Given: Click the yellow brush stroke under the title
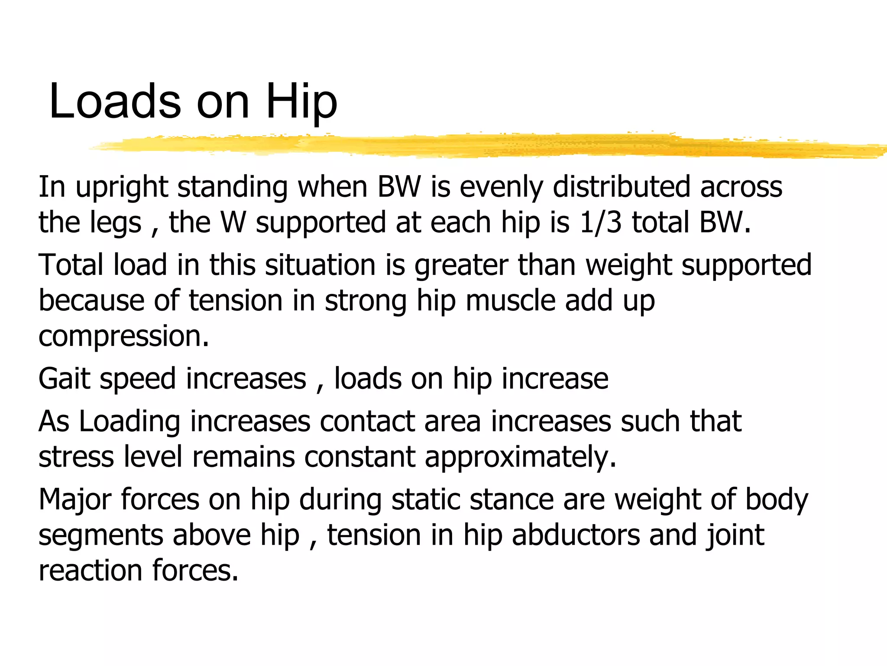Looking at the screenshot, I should (x=476, y=145).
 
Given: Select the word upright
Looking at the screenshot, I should (x=122, y=188).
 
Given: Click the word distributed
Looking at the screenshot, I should (x=622, y=187).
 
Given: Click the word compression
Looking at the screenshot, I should (x=124, y=337).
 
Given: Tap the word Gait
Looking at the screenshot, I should (x=64, y=379).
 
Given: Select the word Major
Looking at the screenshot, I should (x=75, y=500).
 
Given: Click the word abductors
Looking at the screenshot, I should (x=576, y=535).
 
